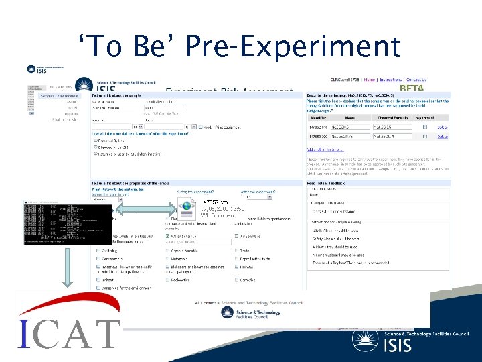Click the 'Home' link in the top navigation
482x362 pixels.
click(x=370, y=80)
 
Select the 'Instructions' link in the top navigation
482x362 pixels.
click(x=390, y=80)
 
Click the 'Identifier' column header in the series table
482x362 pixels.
click(x=319, y=119)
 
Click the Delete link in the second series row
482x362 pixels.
click(x=442, y=136)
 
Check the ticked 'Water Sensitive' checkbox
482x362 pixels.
click(x=168, y=236)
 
